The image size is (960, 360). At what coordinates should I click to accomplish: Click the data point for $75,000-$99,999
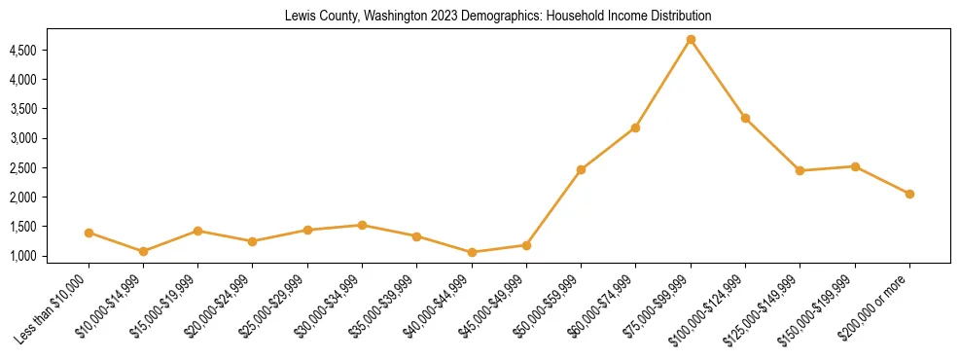point(691,40)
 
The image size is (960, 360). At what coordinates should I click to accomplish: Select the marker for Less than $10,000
point(89,233)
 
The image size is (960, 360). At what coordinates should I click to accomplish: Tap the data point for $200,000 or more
point(909,194)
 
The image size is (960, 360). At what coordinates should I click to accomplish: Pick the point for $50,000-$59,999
point(581,169)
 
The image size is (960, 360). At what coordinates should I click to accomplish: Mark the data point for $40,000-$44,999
point(472,252)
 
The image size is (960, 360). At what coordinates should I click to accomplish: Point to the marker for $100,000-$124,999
point(745,118)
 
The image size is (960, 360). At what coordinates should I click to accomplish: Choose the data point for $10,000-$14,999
point(143,251)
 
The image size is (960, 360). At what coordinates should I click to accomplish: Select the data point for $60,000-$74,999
point(635,127)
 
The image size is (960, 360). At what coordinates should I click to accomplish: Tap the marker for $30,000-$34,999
point(362,225)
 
